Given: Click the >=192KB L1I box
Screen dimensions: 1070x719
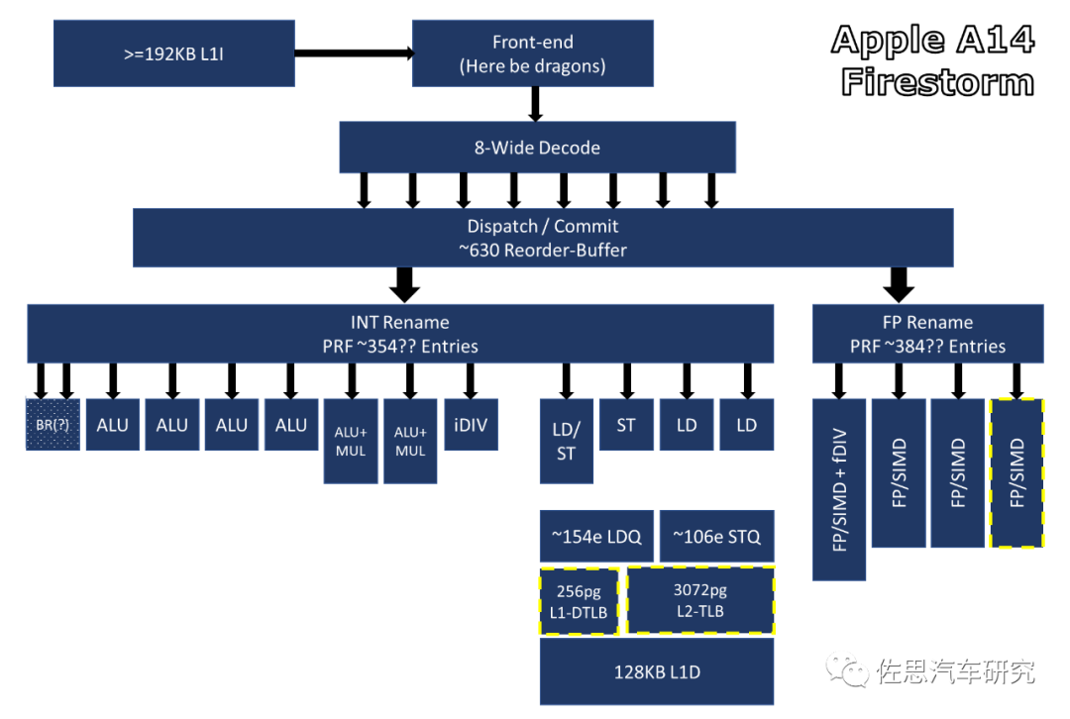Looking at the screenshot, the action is pyautogui.click(x=174, y=53).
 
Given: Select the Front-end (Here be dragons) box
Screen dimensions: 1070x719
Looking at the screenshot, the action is pyautogui.click(x=532, y=53).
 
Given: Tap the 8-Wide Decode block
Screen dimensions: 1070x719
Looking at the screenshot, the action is pyautogui.click(x=537, y=148).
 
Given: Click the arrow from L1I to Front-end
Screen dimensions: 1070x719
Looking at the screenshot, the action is pyautogui.click(x=354, y=53).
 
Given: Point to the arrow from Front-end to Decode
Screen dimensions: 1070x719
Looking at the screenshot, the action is pyautogui.click(x=536, y=104).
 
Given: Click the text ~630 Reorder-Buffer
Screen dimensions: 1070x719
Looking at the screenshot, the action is pyautogui.click(x=543, y=251).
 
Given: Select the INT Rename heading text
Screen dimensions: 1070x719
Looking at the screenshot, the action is pyautogui.click(x=400, y=322).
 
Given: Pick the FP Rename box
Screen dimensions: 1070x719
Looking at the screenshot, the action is pyautogui.click(x=927, y=334).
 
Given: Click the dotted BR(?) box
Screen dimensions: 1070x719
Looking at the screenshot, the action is pyautogui.click(x=53, y=424).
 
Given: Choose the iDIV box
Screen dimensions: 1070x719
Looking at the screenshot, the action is pyautogui.click(x=471, y=424).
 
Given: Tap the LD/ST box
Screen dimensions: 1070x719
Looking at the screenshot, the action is pyautogui.click(x=566, y=442).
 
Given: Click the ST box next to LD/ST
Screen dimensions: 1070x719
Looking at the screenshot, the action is pyautogui.click(x=626, y=424).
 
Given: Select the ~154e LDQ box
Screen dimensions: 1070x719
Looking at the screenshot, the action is pyautogui.click(x=596, y=536).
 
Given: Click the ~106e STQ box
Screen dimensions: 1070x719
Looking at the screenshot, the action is pyautogui.click(x=716, y=536).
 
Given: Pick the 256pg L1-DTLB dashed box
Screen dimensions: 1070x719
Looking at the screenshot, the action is pyautogui.click(x=579, y=601).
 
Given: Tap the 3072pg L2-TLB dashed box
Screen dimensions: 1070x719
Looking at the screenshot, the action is pyautogui.click(x=700, y=599).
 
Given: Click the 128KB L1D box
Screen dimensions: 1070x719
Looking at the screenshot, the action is pyautogui.click(x=657, y=671).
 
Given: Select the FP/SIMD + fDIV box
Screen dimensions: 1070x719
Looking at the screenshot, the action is pyautogui.click(x=839, y=490).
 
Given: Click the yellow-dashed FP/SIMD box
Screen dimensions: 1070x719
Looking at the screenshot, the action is pyautogui.click(x=1016, y=472).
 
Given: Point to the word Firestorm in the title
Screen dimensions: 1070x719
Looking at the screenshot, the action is pyautogui.click(x=937, y=82).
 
